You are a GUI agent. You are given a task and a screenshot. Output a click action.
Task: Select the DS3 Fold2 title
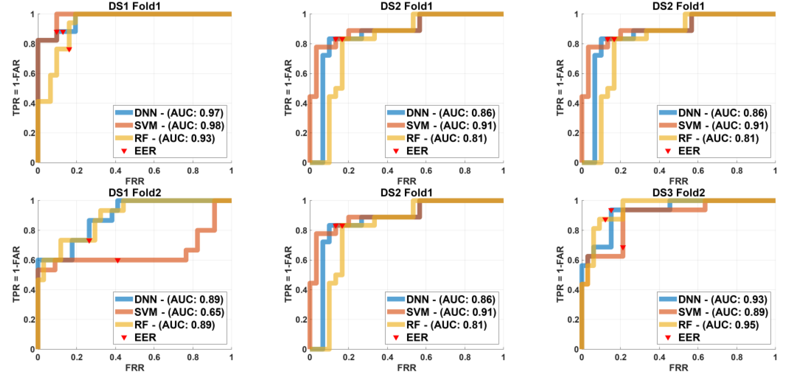[678, 193]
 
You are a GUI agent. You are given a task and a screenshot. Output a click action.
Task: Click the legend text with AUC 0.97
[179, 113]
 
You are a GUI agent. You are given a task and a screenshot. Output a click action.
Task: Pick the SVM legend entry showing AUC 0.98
[179, 126]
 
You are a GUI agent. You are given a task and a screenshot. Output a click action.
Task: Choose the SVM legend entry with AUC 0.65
[179, 312]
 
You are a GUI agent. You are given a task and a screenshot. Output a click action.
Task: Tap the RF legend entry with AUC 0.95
[718, 325]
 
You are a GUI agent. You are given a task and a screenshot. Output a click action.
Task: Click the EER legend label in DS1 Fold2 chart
[145, 338]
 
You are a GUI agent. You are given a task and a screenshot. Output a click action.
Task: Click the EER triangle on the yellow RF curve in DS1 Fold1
[69, 50]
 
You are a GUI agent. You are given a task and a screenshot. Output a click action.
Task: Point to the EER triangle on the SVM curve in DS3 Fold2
[623, 247]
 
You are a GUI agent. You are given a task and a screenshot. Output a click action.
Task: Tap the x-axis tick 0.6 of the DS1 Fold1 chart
[154, 171]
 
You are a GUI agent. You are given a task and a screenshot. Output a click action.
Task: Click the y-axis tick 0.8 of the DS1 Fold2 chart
[29, 230]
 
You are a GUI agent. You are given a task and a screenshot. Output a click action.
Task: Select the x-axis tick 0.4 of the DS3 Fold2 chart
[659, 357]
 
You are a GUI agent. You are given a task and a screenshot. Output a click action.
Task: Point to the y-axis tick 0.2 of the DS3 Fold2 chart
[573, 320]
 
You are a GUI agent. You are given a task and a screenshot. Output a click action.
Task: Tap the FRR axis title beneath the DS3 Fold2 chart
[678, 368]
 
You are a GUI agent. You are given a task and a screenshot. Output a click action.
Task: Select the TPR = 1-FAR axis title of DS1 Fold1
[16, 88]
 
